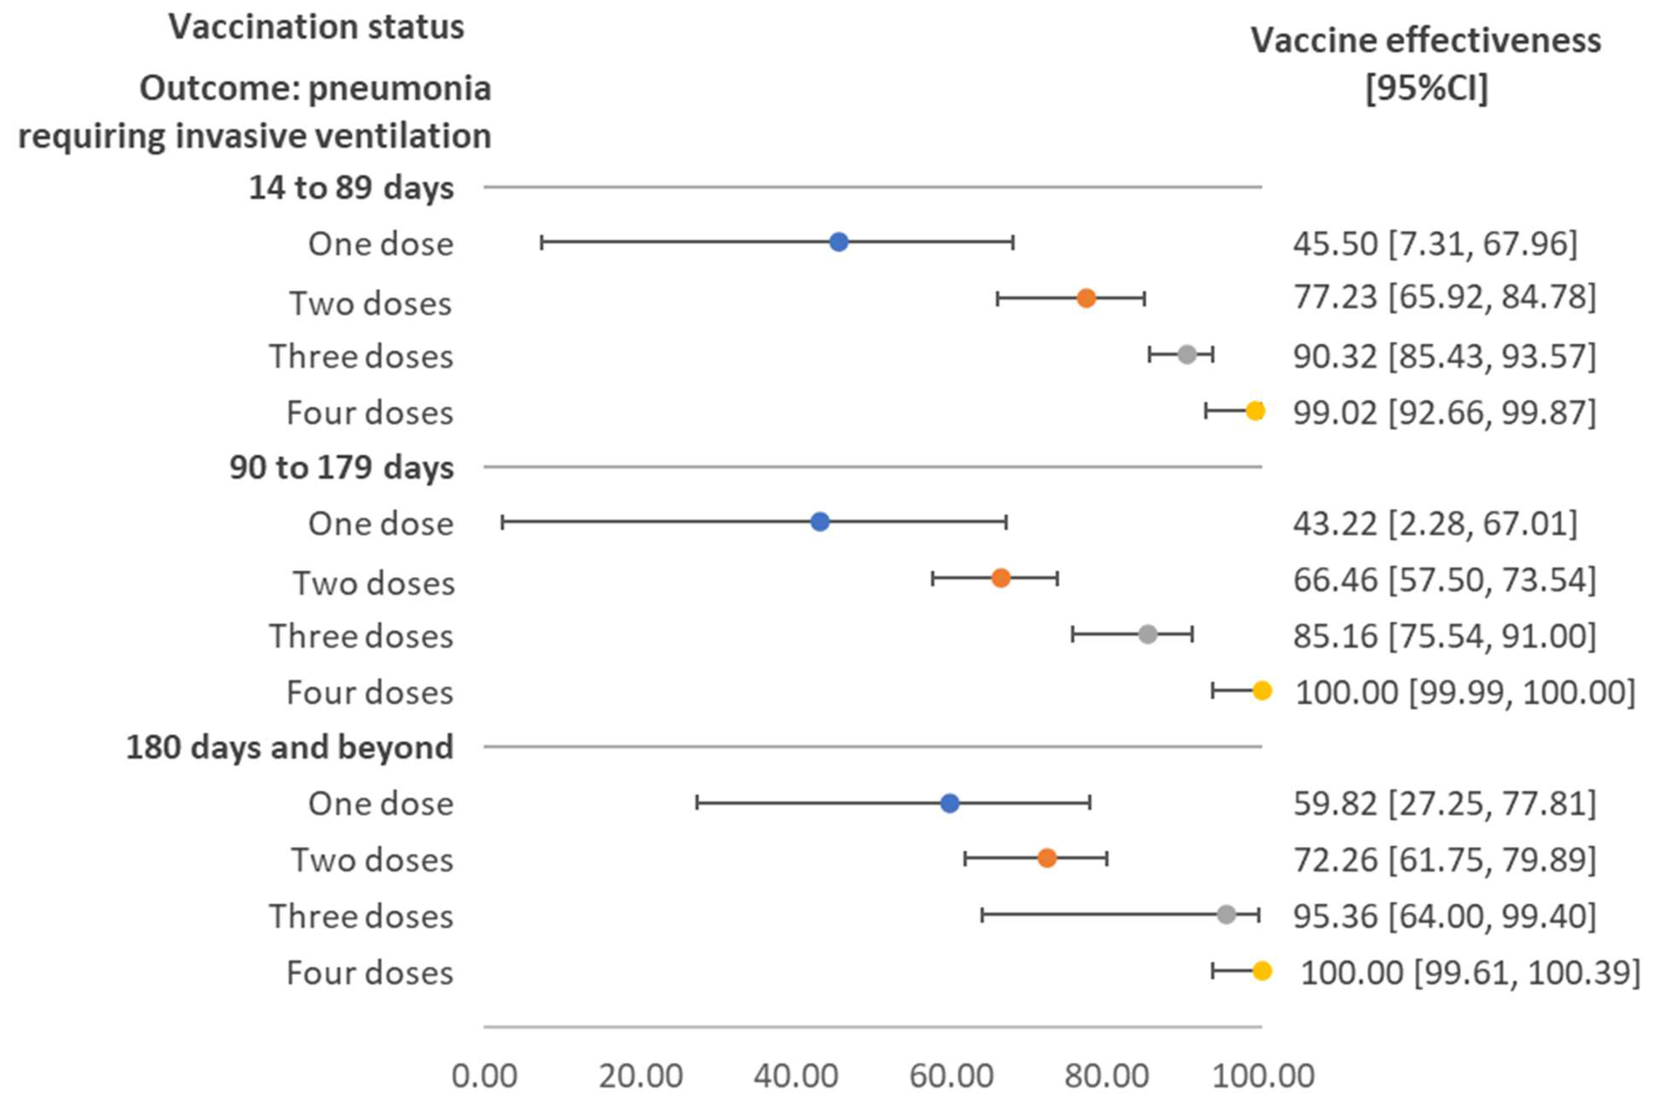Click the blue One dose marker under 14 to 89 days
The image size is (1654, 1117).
[839, 242]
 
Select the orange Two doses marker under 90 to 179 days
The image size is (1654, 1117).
[1001, 578]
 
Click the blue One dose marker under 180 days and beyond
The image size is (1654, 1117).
[950, 803]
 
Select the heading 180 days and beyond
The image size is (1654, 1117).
[290, 747]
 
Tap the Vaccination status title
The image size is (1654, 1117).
[316, 27]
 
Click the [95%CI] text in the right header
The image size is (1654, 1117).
[1426, 88]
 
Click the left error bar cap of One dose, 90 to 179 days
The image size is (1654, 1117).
[502, 521]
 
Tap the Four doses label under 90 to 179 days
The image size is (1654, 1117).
[369, 691]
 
